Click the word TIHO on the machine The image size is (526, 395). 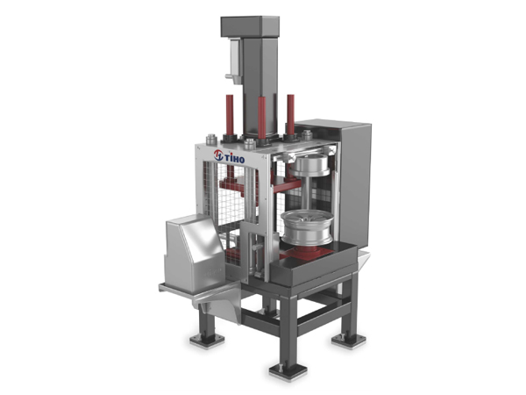234,158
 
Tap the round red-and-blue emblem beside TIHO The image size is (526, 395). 218,154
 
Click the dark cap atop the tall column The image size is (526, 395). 250,26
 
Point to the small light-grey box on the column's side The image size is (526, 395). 235,61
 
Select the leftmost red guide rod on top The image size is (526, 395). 230,115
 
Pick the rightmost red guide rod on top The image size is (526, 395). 290,114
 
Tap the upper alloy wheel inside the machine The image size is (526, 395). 309,166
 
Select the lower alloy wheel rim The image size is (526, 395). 308,226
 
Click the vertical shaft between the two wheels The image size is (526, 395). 306,193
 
